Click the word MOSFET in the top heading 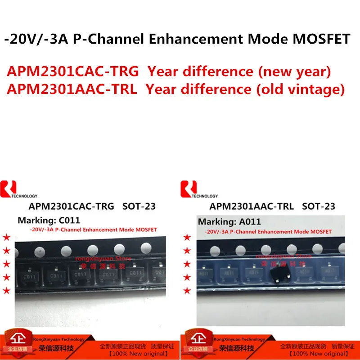[322, 39]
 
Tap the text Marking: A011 [229, 221]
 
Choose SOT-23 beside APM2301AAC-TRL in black [319, 207]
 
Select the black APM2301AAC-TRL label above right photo [252, 207]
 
